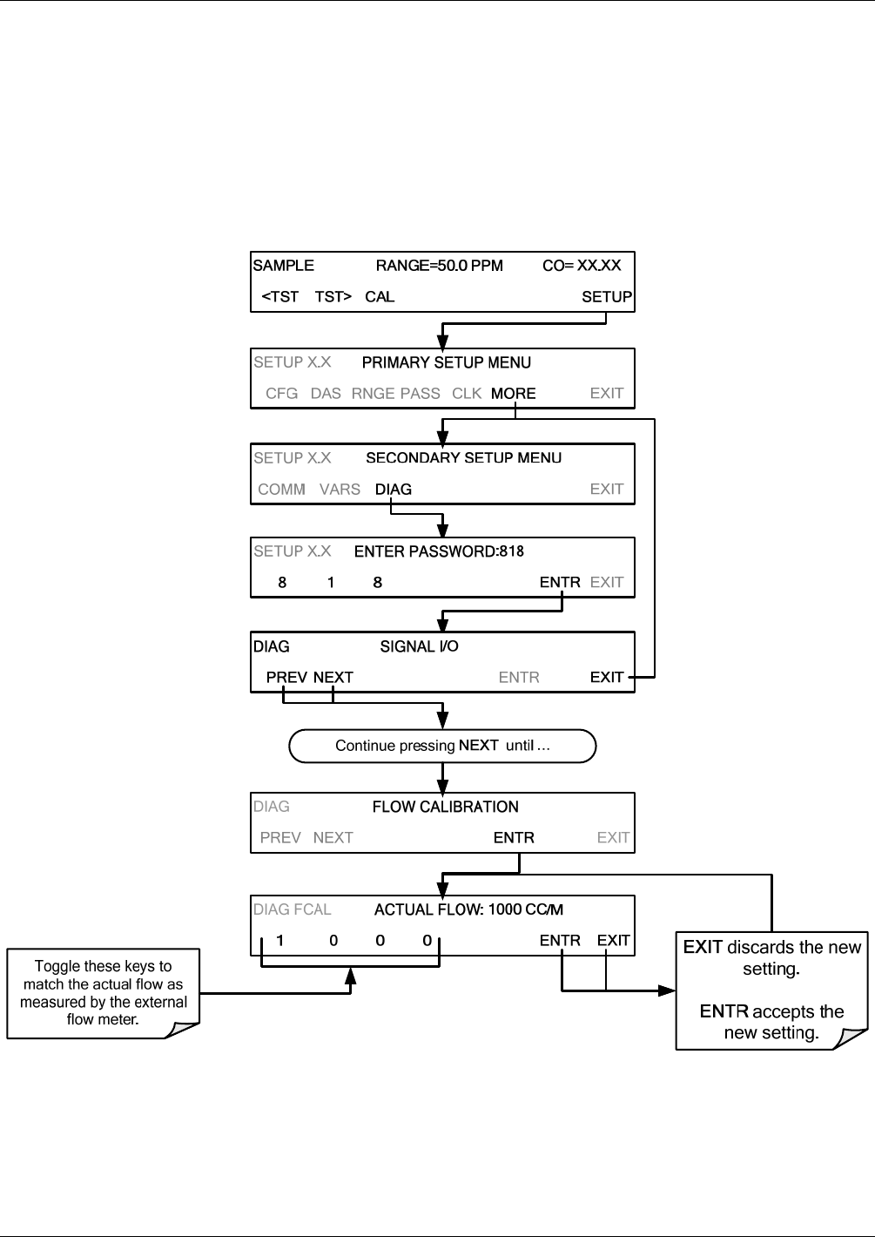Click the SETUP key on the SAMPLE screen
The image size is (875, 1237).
point(607,296)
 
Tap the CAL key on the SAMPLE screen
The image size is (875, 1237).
point(380,296)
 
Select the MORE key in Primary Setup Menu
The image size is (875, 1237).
point(514,393)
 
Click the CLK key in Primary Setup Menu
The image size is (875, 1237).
point(467,393)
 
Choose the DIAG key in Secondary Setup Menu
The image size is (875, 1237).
point(393,489)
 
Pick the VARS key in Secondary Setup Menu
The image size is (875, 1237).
point(340,489)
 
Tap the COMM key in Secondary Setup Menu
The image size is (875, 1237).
point(281,489)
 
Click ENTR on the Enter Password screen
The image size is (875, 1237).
point(560,582)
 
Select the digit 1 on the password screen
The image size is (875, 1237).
point(331,582)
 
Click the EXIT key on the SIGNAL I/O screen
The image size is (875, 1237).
point(607,677)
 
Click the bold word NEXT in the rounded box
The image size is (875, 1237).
point(479,745)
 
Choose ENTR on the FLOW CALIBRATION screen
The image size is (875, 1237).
point(514,837)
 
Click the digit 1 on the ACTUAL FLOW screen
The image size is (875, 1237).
point(279,940)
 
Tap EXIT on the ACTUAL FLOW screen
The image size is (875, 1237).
point(613,940)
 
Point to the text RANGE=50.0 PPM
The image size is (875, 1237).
point(440,266)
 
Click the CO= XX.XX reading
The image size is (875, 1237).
point(582,266)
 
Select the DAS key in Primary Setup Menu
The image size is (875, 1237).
point(326,393)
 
